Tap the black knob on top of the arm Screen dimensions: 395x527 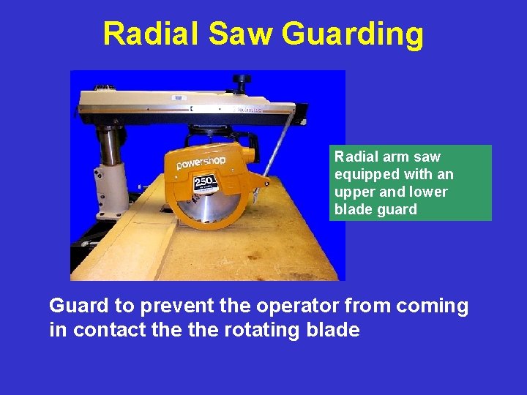pyautogui.click(x=241, y=79)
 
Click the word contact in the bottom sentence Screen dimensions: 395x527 pyautogui.click(x=109, y=329)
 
